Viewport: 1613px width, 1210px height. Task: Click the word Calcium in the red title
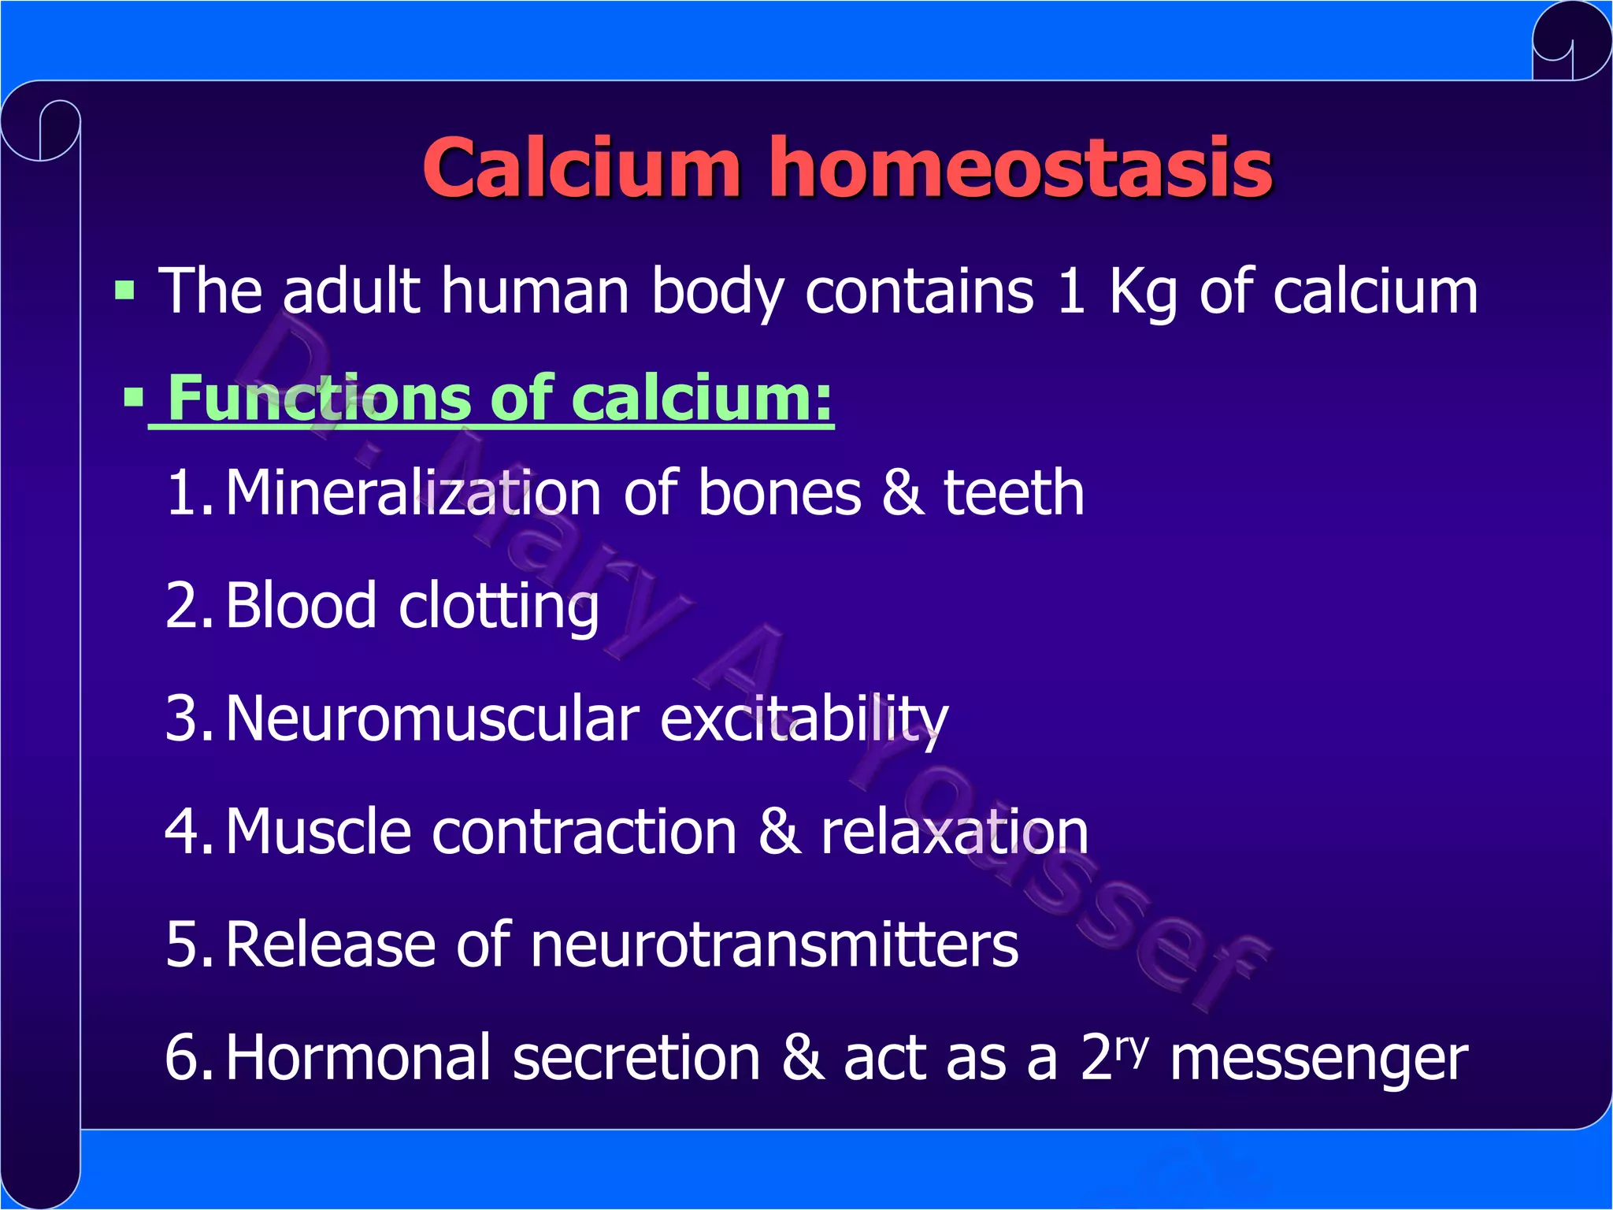[581, 167]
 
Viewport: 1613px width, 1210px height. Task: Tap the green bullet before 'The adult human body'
[124, 290]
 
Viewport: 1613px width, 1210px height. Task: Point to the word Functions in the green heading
[319, 398]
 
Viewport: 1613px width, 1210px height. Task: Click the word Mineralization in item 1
[413, 492]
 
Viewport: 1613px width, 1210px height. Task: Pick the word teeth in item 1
[1014, 492]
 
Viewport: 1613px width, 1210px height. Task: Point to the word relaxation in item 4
[955, 832]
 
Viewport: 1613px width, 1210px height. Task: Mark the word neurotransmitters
[774, 945]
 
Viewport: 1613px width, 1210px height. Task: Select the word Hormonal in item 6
[358, 1057]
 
